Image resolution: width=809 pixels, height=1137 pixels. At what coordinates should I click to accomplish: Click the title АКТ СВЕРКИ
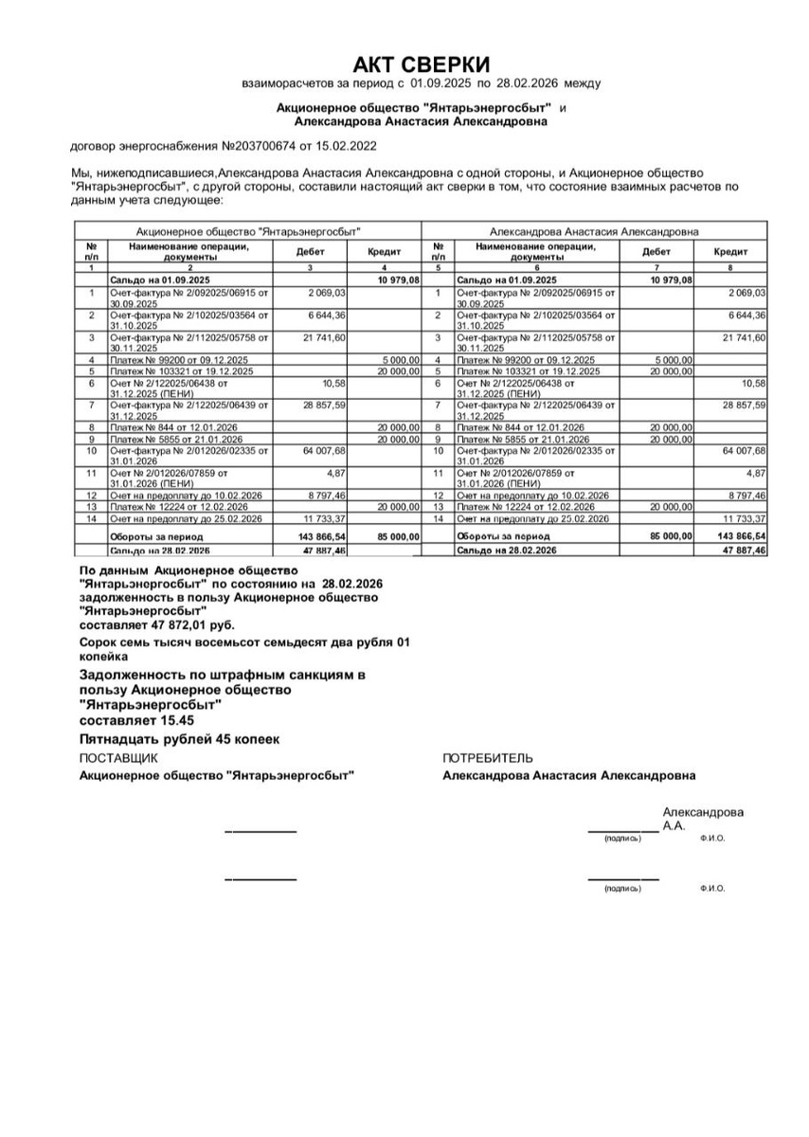(422, 64)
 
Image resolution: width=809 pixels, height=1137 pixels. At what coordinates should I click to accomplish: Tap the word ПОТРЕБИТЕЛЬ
(488, 758)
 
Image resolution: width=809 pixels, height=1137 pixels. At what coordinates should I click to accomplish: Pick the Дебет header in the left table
(310, 252)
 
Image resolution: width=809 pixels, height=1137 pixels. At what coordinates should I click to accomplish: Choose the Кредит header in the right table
(730, 252)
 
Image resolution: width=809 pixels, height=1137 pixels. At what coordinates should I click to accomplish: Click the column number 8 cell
(730, 269)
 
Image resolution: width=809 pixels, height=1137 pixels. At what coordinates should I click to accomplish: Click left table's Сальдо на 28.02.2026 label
(159, 550)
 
